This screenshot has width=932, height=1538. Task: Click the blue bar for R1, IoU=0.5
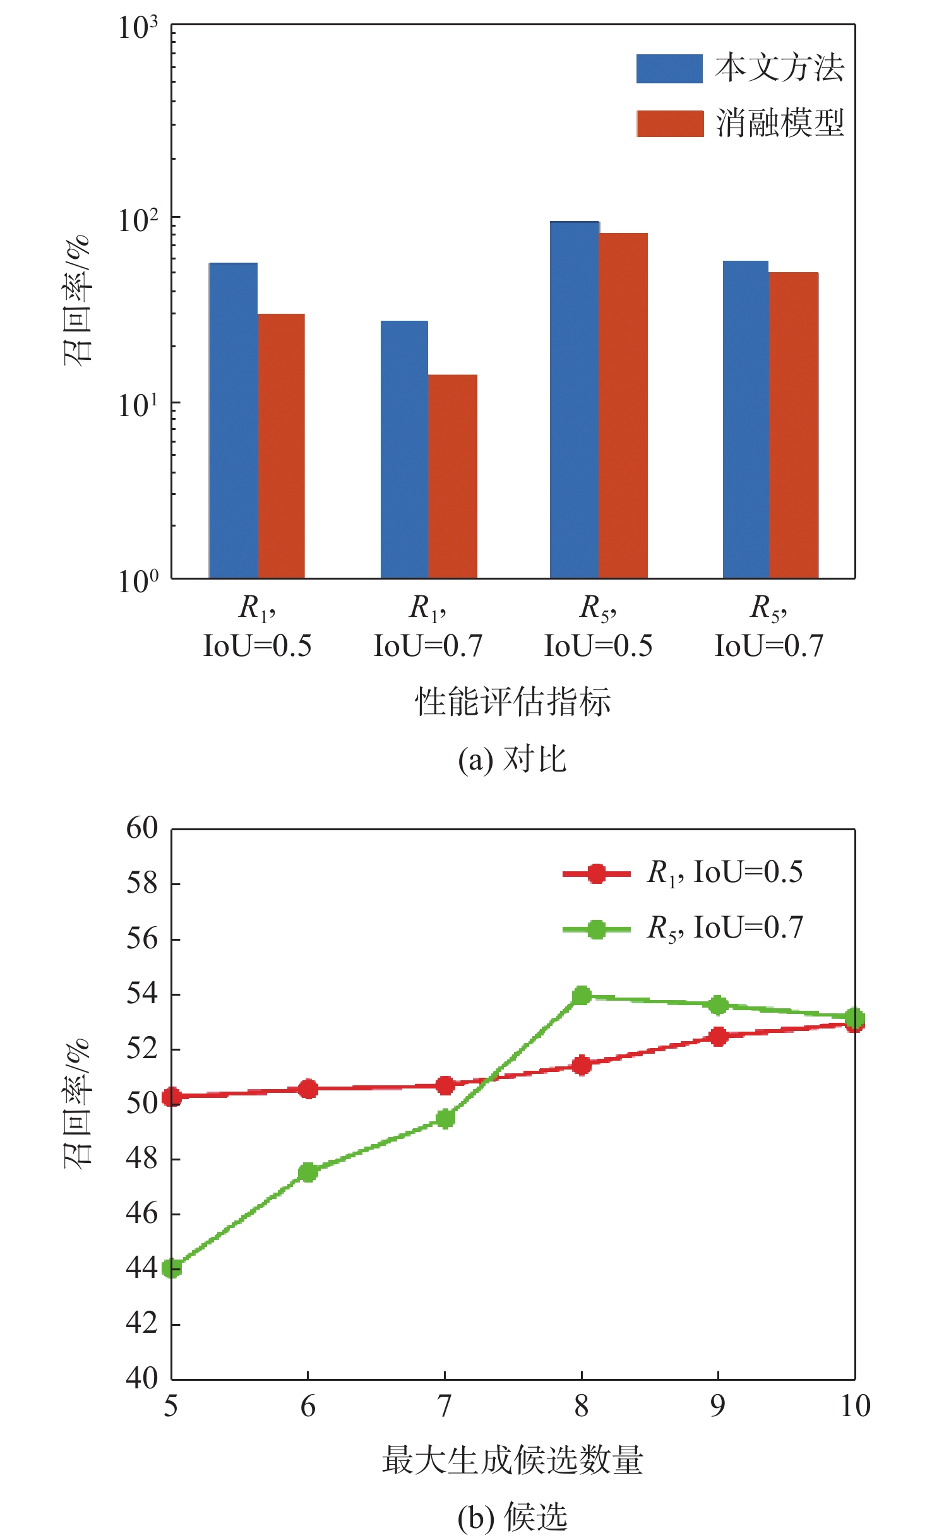click(x=233, y=420)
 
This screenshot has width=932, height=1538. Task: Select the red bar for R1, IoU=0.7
click(x=452, y=476)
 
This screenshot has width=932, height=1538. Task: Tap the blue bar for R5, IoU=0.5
click(x=574, y=399)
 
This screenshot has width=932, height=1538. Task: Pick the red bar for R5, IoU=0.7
click(x=793, y=425)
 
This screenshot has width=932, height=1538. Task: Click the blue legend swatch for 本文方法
click(x=669, y=69)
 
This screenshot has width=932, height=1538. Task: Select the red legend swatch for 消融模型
click(x=669, y=124)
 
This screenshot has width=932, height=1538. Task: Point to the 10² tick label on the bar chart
click(x=138, y=218)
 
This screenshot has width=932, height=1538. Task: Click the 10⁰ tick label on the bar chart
click(x=138, y=580)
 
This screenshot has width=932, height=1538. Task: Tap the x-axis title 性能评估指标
click(x=512, y=701)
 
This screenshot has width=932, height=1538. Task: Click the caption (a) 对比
click(x=512, y=759)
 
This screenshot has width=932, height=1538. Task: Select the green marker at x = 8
click(x=582, y=996)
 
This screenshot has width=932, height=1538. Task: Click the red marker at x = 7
click(x=445, y=1085)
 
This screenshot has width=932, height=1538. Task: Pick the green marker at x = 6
click(x=308, y=1172)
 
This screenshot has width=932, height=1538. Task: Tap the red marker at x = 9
click(x=718, y=1036)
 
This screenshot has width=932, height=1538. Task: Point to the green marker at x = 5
click(x=172, y=1268)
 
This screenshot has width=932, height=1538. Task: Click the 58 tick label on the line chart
click(x=142, y=883)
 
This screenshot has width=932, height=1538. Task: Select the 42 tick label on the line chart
click(x=142, y=1322)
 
